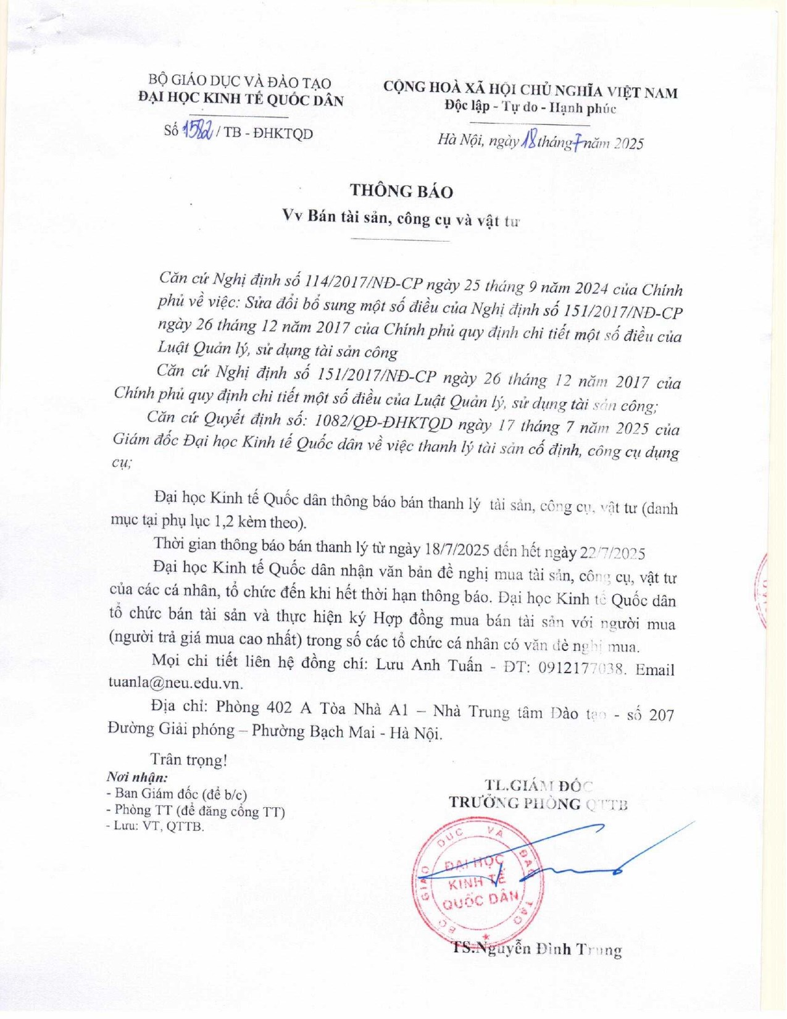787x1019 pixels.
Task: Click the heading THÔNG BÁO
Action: pyautogui.click(x=401, y=191)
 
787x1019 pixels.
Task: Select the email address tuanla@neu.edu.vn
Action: pyautogui.click(x=175, y=684)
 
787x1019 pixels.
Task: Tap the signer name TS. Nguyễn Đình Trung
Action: pyautogui.click(x=536, y=949)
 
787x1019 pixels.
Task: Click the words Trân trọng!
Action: pyautogui.click(x=189, y=759)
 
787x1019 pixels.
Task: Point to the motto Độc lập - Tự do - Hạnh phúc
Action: pyautogui.click(x=530, y=107)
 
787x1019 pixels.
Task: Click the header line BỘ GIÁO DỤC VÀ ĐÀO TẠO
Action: pyautogui.click(x=239, y=82)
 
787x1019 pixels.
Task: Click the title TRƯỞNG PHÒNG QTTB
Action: pyautogui.click(x=538, y=803)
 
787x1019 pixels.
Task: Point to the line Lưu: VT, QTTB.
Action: pyautogui.click(x=155, y=826)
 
